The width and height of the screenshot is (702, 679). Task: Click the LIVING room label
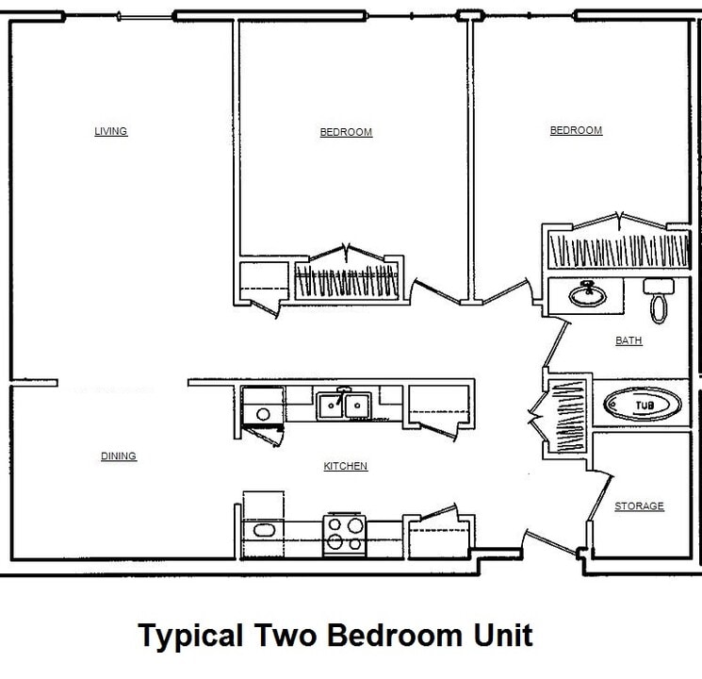coord(110,131)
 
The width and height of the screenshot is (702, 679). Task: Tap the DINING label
coord(119,456)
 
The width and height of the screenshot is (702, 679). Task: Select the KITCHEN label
coord(345,466)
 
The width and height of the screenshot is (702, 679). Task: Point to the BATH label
coord(629,340)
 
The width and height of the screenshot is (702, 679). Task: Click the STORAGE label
coord(639,506)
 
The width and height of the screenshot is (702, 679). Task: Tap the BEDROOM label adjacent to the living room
coord(346,132)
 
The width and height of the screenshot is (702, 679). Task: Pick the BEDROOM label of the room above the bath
coord(576,130)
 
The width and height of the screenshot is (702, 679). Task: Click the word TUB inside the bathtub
coord(644,406)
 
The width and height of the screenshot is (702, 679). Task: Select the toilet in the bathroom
coord(656,299)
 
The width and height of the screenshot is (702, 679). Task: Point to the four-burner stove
coord(344,534)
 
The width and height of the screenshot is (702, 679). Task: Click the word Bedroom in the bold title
coord(395,635)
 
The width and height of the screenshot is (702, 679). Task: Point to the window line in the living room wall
coord(149,16)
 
